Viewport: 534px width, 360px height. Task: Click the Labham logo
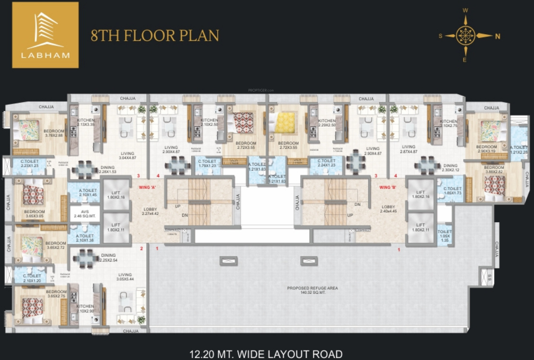[x=45, y=35]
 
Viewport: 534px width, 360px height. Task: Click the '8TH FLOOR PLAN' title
[x=155, y=36]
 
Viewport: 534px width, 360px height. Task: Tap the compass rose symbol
[x=465, y=35]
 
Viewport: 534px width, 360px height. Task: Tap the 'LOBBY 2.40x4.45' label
[x=389, y=209]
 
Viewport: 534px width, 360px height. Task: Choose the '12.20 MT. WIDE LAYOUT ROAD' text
[x=266, y=354]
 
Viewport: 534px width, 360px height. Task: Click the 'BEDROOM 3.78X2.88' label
[x=54, y=133]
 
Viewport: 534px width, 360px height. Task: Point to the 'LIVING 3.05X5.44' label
[x=125, y=277]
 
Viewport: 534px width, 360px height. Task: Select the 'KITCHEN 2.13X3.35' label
[x=86, y=123]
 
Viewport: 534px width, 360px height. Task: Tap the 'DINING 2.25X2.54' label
[x=108, y=258]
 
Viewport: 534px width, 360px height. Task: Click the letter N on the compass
[x=498, y=36]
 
